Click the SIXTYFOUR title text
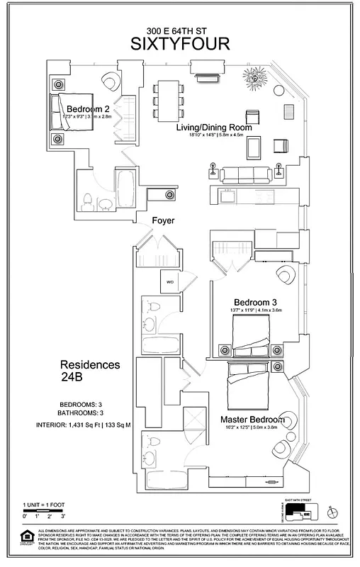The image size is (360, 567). click(180, 44)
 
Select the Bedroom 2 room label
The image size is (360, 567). click(88, 108)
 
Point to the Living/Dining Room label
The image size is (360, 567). click(214, 128)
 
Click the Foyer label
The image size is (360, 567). click(163, 221)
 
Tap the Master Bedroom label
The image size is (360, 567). click(258, 419)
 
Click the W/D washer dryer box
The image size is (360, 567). click(171, 282)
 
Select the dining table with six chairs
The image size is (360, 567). click(169, 99)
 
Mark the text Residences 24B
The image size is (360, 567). click(90, 371)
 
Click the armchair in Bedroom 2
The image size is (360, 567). click(111, 79)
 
